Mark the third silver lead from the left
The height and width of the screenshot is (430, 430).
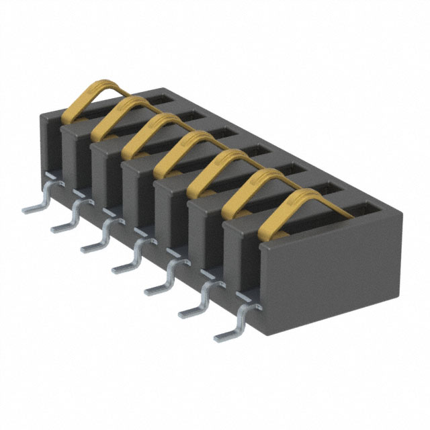(97, 241)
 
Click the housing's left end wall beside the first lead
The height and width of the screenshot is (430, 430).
(50, 148)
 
